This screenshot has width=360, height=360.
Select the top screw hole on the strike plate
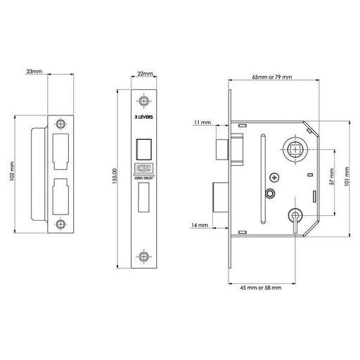(x=62, y=124)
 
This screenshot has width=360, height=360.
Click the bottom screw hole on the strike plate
(x=62, y=226)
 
